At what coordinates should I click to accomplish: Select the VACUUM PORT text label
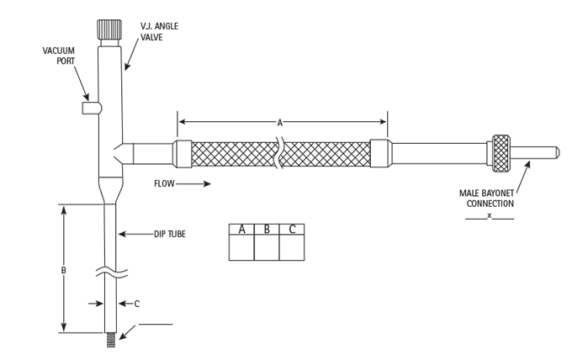[x=59, y=56]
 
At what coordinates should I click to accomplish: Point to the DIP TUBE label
[x=169, y=234]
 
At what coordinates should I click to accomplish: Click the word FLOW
[x=164, y=183]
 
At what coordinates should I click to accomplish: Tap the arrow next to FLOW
[x=195, y=183]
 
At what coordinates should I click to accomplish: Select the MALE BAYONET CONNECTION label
[x=492, y=199]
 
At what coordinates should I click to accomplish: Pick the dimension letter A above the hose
[x=280, y=123]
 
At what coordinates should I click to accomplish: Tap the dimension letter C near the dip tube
[x=136, y=304]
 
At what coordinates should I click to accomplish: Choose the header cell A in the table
[x=241, y=230]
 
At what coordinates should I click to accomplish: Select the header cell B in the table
[x=267, y=230]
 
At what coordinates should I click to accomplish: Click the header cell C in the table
[x=292, y=230]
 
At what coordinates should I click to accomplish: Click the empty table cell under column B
[x=267, y=249]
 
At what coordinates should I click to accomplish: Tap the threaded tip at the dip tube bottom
[x=111, y=341]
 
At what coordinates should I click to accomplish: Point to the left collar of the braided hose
[x=183, y=154]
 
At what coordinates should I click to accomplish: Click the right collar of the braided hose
[x=380, y=154]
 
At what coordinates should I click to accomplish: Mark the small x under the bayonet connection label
[x=490, y=216]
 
